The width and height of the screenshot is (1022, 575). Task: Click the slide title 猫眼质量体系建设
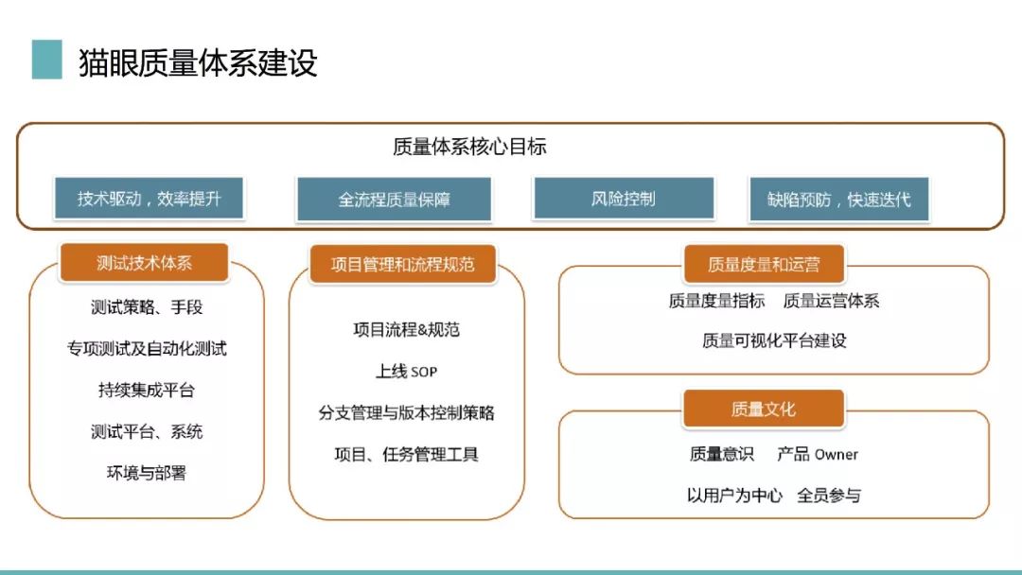198,63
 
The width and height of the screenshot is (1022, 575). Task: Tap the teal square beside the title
47,60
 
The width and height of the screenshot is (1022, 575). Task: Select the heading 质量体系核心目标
469,147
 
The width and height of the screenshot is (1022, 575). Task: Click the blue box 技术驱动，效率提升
150,198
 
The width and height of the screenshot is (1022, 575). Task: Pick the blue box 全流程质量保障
394,199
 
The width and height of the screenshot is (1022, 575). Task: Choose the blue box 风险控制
624,198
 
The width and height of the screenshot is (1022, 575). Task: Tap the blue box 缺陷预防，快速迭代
838,199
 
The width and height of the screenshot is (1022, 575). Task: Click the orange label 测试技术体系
144,262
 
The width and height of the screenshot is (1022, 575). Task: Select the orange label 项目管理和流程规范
403,264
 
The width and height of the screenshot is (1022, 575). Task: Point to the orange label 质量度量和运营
764,264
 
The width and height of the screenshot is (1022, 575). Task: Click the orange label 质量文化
764,409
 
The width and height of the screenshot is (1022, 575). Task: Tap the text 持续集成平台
147,390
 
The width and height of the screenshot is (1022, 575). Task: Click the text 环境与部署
147,473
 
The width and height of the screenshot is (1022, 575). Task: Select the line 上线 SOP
406,371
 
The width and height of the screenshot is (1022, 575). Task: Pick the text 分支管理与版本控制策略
406,413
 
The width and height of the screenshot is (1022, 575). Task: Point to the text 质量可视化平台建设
774,340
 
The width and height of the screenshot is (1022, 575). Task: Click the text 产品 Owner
818,454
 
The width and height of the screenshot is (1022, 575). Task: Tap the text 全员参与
829,496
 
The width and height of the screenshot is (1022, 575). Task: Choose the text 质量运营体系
831,301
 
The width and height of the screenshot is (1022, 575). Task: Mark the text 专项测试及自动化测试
147,348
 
